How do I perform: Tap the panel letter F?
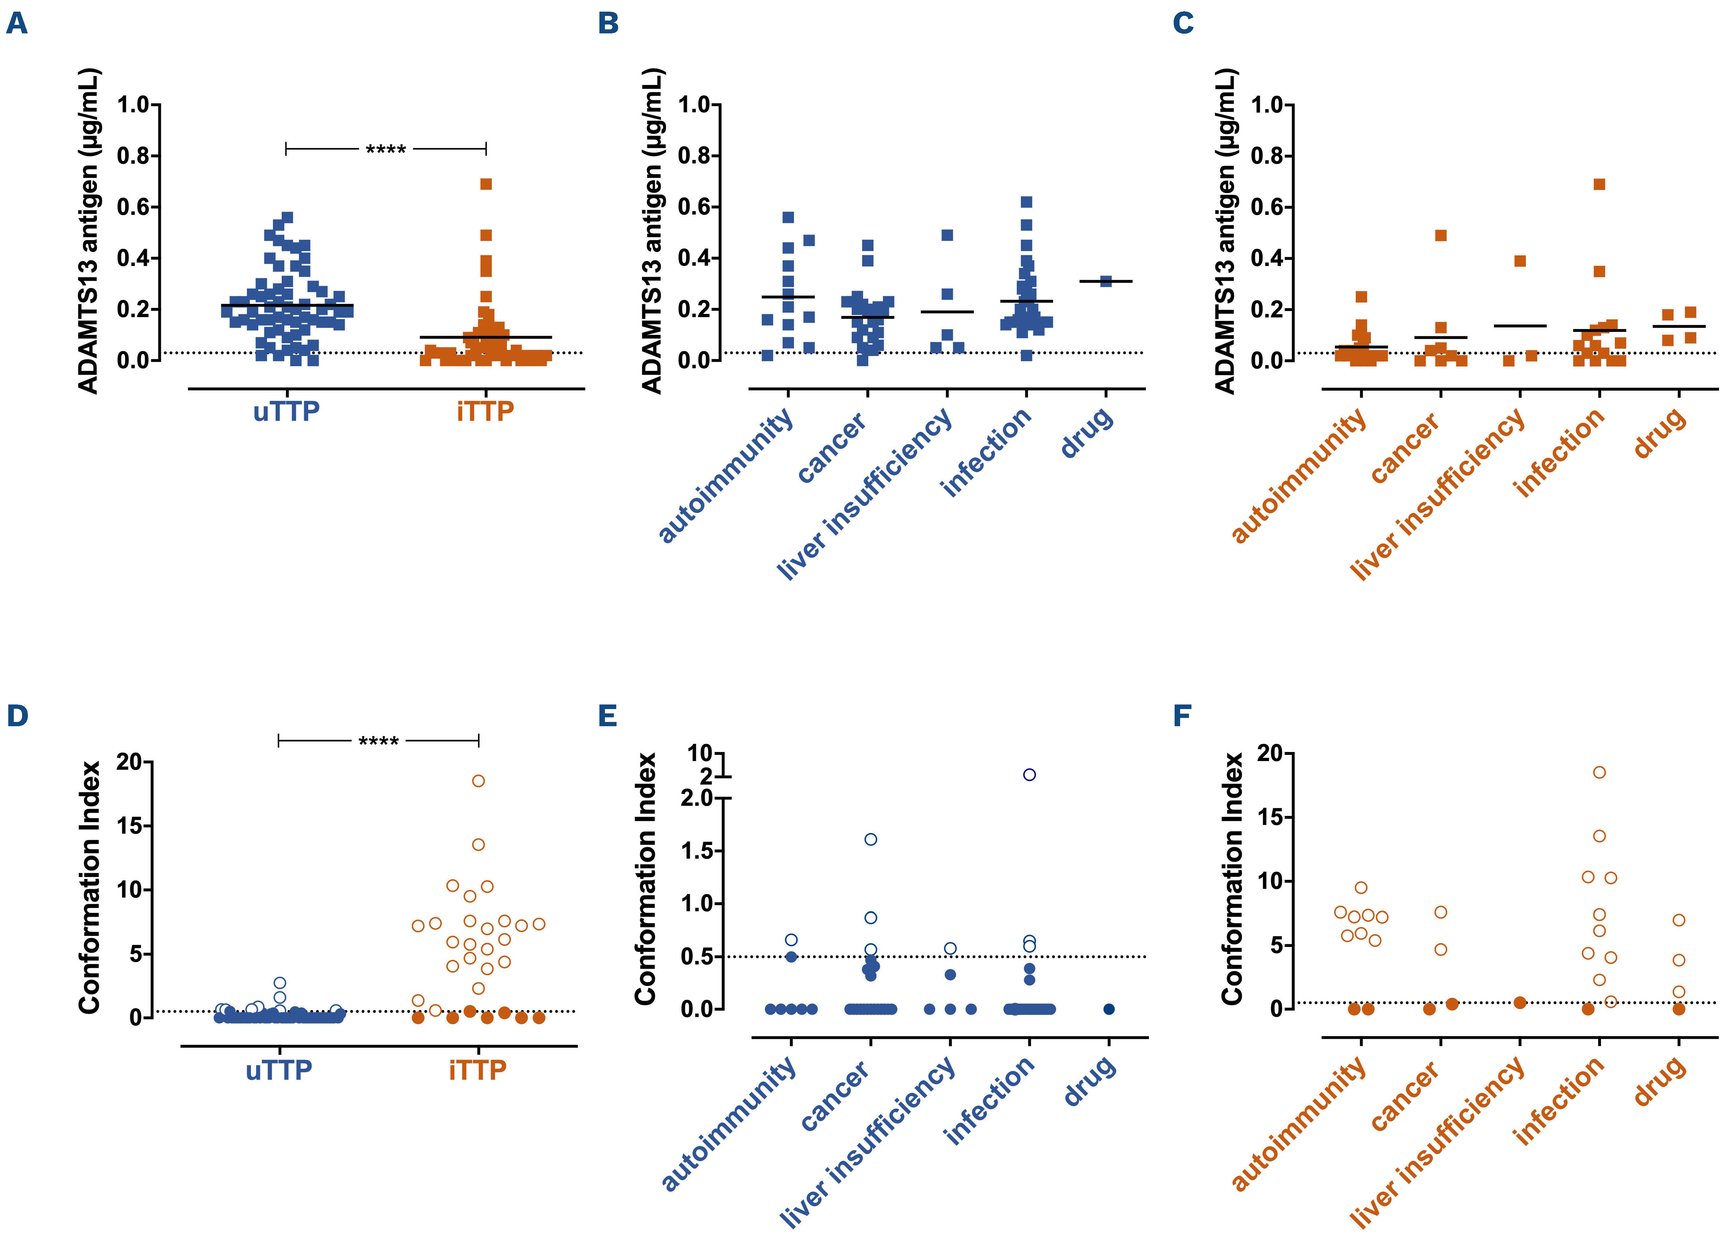tap(1181, 716)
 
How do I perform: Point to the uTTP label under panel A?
tap(286, 411)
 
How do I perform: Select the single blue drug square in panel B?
tap(1106, 281)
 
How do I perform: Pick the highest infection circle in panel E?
tap(1029, 775)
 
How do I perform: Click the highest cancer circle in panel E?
tap(871, 839)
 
